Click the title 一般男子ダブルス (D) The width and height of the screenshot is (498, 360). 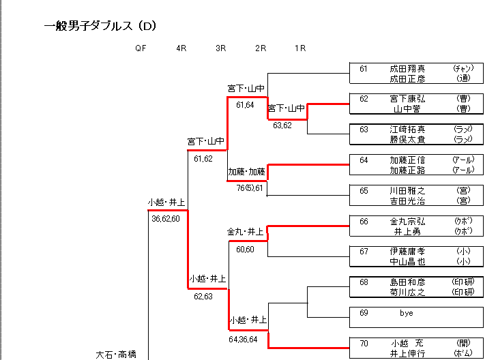pyautogui.click(x=100, y=27)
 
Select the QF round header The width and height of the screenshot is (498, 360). pyautogui.click(x=141, y=48)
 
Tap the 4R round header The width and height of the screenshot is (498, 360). pyautogui.click(x=181, y=48)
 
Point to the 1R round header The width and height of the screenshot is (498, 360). pyautogui.click(x=300, y=48)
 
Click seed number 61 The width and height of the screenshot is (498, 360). pyautogui.click(x=364, y=69)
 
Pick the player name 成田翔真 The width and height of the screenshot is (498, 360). pyautogui.click(x=407, y=69)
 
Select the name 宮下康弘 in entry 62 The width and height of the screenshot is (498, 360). pyautogui.click(x=407, y=99)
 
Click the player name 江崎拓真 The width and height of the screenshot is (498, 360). pyautogui.click(x=407, y=129)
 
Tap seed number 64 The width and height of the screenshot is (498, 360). pyautogui.click(x=364, y=160)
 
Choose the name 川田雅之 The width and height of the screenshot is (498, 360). pyautogui.click(x=407, y=191)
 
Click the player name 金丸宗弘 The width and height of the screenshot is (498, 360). pyautogui.click(x=407, y=222)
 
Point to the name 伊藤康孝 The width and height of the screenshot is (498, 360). pyautogui.click(x=407, y=252)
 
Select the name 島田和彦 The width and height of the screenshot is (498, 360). pyautogui.click(x=407, y=282)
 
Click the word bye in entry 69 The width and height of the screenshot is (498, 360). pyautogui.click(x=407, y=313)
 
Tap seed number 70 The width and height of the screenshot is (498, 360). pyautogui.click(x=364, y=343)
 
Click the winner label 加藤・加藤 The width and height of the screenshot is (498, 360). pyautogui.click(x=246, y=172)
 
